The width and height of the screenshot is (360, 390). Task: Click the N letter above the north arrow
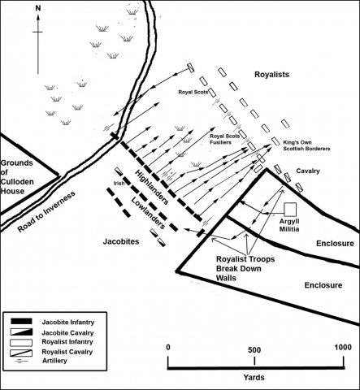pyautogui.click(x=38, y=8)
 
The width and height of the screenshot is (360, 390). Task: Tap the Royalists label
pyautogui.click(x=271, y=75)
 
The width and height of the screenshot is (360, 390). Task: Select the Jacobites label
pyautogui.click(x=121, y=241)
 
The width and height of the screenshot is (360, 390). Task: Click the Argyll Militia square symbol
pyautogui.click(x=290, y=210)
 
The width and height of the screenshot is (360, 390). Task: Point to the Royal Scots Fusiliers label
pyautogui.click(x=224, y=139)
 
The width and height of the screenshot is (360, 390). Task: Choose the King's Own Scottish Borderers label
pyautogui.click(x=306, y=145)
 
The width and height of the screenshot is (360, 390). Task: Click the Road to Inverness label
pyautogui.click(x=46, y=212)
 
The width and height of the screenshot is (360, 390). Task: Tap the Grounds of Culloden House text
pyautogui.click(x=17, y=177)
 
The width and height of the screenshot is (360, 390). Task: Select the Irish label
pyautogui.click(x=119, y=184)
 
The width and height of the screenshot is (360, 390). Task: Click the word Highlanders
pyautogui.click(x=152, y=187)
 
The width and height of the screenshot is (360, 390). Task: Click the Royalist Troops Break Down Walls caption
pyautogui.click(x=245, y=268)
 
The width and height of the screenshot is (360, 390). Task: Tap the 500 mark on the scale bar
pyautogui.click(x=254, y=350)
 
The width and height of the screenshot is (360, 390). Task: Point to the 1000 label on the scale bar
pyautogui.click(x=343, y=347)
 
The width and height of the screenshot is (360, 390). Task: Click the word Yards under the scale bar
pyautogui.click(x=254, y=377)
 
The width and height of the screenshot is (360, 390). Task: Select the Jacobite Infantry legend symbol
pyautogui.click(x=21, y=322)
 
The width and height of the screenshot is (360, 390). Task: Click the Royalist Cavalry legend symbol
pyautogui.click(x=21, y=353)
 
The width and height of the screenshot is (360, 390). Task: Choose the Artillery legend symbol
pyautogui.click(x=20, y=362)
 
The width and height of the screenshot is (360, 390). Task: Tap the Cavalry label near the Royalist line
pyautogui.click(x=308, y=171)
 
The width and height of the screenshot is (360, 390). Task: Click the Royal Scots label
pyautogui.click(x=193, y=92)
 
